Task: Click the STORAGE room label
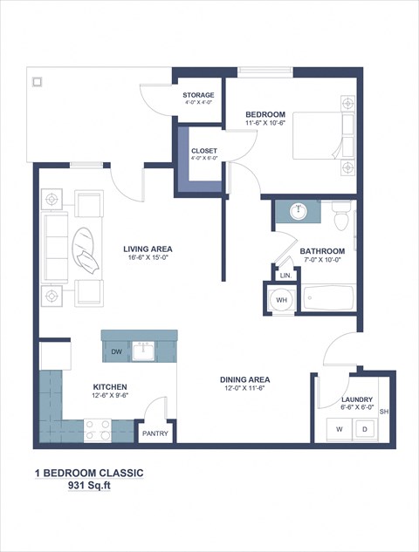click(197, 94)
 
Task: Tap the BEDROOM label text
click(265, 115)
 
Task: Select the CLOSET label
click(204, 151)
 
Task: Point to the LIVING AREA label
click(148, 249)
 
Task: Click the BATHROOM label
click(323, 251)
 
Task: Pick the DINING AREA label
click(244, 379)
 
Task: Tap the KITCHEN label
click(111, 386)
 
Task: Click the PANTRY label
click(155, 432)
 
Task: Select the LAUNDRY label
click(358, 399)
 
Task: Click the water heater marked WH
click(281, 300)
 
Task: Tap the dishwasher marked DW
click(116, 351)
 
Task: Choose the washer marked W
click(336, 429)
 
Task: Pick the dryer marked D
click(365, 429)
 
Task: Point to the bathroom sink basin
click(299, 210)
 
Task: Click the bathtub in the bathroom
click(328, 299)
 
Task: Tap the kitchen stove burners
click(97, 429)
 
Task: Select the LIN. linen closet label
click(285, 276)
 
